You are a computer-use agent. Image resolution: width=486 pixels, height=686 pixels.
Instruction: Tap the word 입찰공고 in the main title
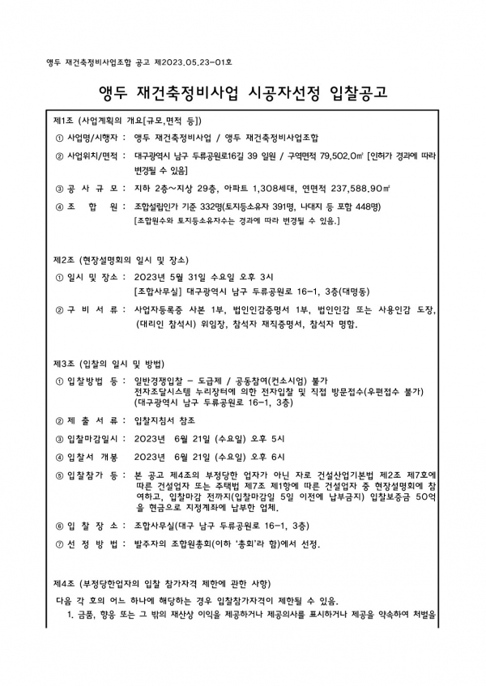point(360,91)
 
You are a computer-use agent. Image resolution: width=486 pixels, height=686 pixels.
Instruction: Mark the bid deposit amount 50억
point(428,499)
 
